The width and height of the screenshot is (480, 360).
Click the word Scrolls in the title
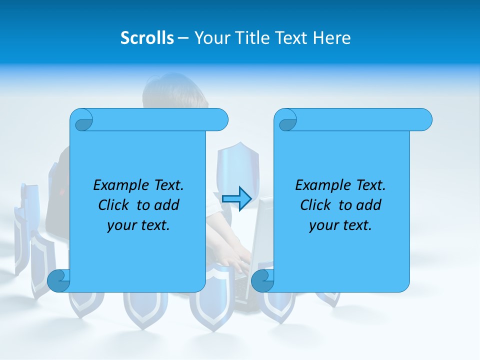[147, 38]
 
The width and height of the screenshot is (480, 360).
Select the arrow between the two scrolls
[236, 198]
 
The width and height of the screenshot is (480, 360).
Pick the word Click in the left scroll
[114, 205]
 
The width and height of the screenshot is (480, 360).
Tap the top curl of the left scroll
[83, 120]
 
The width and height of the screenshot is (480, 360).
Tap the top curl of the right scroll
[287, 120]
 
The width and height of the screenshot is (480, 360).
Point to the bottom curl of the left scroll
[58, 280]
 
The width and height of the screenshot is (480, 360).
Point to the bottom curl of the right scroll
[262, 280]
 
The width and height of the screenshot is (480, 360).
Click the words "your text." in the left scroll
[138, 225]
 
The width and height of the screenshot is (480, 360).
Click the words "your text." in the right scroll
[340, 225]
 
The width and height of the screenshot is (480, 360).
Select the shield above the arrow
[238, 162]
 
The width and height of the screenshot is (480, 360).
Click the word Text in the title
[291, 38]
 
